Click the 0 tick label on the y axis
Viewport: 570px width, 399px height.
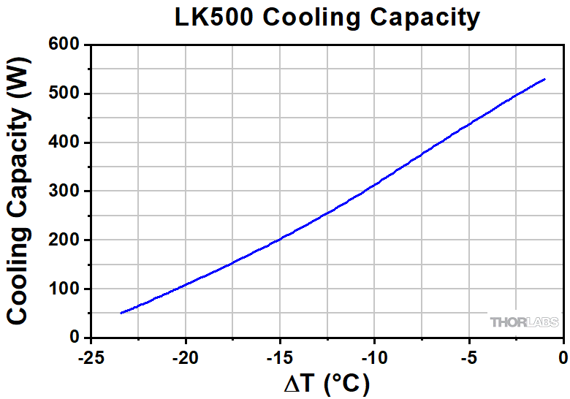pos(75,338)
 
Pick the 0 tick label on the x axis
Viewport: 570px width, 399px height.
pos(563,358)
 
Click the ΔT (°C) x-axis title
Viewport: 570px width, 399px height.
pos(326,383)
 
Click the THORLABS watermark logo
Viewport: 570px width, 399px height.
pos(525,322)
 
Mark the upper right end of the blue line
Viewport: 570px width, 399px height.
pos(544,79)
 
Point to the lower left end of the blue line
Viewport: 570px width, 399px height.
pos(121,313)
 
